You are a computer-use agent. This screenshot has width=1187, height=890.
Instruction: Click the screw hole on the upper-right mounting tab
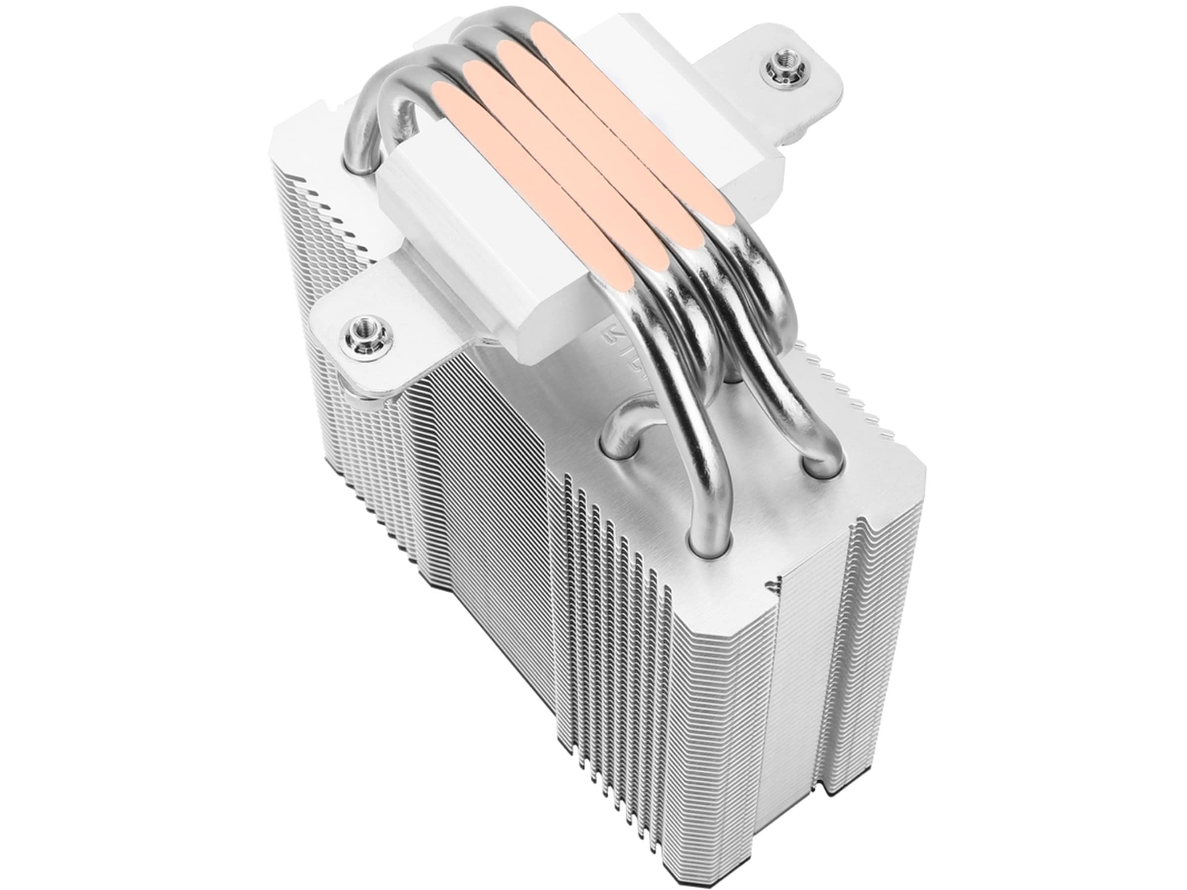[776, 67]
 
